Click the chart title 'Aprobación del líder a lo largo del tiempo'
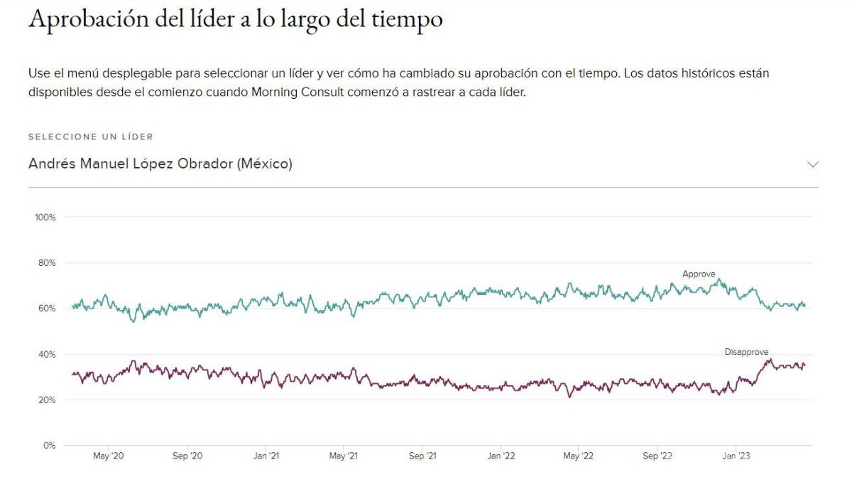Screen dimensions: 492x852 (235, 19)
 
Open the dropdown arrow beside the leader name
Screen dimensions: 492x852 (813, 164)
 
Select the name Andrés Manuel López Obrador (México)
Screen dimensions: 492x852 (160, 164)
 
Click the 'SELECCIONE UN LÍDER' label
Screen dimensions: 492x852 (91, 137)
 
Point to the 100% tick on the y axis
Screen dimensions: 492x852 (45, 217)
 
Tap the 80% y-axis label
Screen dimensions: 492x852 (47, 262)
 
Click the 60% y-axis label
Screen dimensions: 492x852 (47, 309)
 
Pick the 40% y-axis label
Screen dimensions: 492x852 (47, 354)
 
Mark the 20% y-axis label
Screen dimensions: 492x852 (47, 400)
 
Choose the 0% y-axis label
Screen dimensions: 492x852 (49, 446)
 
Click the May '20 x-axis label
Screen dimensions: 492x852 (109, 456)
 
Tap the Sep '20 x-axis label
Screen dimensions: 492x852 (187, 456)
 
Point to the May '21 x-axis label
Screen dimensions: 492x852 (344, 456)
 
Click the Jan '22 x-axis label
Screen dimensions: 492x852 (501, 456)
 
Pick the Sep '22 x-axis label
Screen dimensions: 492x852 (657, 456)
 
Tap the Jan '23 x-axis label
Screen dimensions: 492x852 (736, 456)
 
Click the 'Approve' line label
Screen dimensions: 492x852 (699, 274)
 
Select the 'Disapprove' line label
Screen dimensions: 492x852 (746, 352)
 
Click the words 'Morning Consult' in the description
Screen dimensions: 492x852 (291, 92)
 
